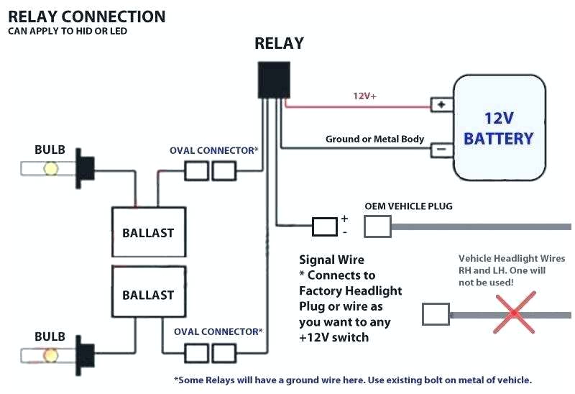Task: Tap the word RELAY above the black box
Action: [x=279, y=43]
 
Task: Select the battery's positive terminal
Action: [x=441, y=105]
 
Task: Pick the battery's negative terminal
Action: [x=441, y=150]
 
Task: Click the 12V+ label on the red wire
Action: [x=364, y=95]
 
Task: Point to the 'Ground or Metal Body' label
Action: [x=374, y=139]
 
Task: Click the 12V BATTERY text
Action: [x=498, y=127]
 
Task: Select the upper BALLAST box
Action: [x=148, y=232]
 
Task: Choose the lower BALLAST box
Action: [x=148, y=295]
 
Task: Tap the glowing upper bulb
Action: [x=51, y=169]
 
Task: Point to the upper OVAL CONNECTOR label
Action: [x=213, y=150]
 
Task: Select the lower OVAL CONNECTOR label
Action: [x=218, y=331]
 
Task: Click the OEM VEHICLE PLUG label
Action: [x=408, y=206]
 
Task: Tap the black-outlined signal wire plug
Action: [x=325, y=227]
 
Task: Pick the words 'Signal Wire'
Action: [x=331, y=260]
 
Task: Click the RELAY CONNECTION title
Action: [x=86, y=16]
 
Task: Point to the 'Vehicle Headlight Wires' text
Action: [x=512, y=259]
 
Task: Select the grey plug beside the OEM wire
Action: [x=377, y=227]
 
